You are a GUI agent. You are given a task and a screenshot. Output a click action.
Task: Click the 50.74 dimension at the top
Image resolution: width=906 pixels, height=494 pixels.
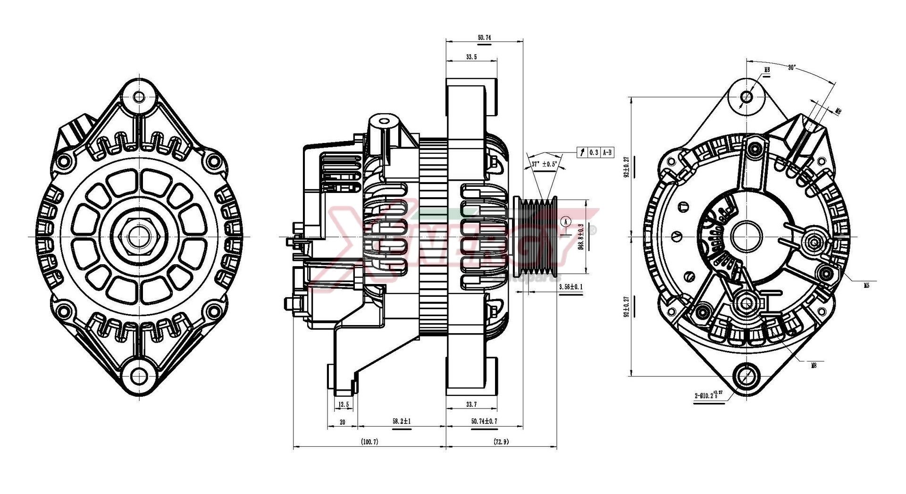(484, 37)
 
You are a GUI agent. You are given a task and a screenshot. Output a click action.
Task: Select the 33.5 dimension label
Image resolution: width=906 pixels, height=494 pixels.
(471, 57)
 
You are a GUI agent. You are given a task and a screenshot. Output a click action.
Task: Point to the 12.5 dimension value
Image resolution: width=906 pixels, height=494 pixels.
(344, 404)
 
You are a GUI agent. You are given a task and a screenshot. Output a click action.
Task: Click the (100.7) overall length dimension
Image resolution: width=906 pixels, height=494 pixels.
(369, 442)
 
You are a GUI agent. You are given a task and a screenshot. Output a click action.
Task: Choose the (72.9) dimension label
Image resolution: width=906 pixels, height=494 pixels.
(501, 442)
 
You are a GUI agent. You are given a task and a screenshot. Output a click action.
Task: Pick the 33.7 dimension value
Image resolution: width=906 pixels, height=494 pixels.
(471, 404)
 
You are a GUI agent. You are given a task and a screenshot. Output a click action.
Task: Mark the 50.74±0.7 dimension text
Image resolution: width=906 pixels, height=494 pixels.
(484, 421)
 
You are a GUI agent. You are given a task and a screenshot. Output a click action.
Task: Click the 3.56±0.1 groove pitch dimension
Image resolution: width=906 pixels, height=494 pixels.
(570, 287)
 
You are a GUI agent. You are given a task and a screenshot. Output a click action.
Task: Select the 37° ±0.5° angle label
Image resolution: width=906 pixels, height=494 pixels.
(544, 164)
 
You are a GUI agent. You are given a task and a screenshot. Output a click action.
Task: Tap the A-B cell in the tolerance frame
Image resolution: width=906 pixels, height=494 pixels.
(607, 152)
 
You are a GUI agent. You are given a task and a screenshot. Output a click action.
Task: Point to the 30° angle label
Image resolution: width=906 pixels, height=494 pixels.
(792, 67)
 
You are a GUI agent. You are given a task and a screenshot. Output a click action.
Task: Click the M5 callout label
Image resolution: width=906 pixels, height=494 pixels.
(866, 285)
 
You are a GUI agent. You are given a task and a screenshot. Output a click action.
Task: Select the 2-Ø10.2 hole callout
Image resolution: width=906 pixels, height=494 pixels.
(708, 395)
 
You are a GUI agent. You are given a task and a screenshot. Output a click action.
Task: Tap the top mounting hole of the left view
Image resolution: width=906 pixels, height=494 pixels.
(139, 97)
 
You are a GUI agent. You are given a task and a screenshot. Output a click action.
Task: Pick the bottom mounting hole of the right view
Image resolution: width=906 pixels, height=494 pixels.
(746, 376)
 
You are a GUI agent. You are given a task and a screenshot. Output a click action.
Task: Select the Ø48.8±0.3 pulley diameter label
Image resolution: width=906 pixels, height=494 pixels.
(580, 236)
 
